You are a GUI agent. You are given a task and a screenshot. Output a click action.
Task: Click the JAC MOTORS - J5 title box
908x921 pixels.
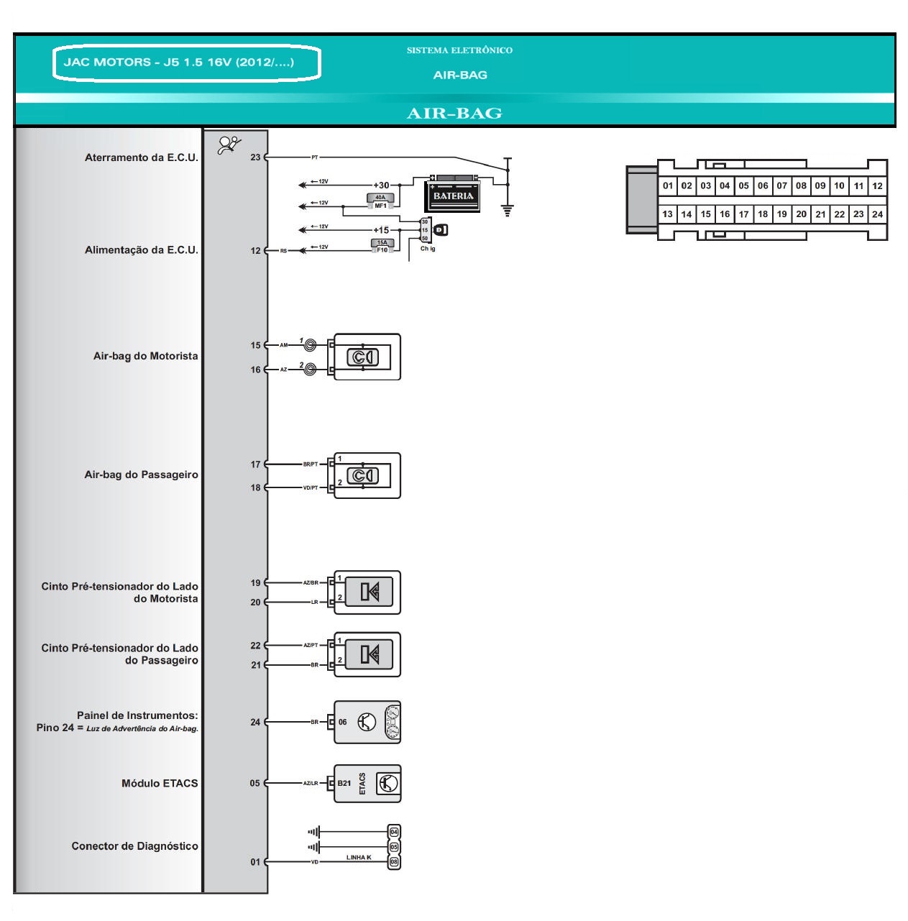click(x=186, y=63)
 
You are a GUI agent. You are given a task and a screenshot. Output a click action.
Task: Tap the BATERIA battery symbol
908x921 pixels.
click(x=454, y=194)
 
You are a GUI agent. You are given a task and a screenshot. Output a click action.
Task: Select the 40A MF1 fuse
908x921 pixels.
click(x=380, y=201)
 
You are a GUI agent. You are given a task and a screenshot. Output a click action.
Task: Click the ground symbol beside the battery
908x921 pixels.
click(x=508, y=210)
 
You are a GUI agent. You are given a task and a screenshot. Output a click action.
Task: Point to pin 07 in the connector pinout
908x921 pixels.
click(x=781, y=185)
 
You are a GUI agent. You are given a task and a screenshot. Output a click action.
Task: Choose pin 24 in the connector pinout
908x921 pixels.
click(x=877, y=214)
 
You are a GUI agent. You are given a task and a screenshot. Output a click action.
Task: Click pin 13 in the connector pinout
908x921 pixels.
click(x=667, y=214)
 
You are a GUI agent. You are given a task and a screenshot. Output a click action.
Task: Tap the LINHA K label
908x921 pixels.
click(x=358, y=858)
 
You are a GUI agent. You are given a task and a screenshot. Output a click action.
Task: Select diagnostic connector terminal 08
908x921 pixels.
click(x=394, y=861)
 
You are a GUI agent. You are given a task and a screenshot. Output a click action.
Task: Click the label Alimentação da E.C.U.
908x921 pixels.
click(x=141, y=250)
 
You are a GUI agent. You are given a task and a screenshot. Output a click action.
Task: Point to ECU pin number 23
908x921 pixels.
click(x=255, y=157)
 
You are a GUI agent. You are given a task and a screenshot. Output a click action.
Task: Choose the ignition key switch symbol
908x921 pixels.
click(x=440, y=230)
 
